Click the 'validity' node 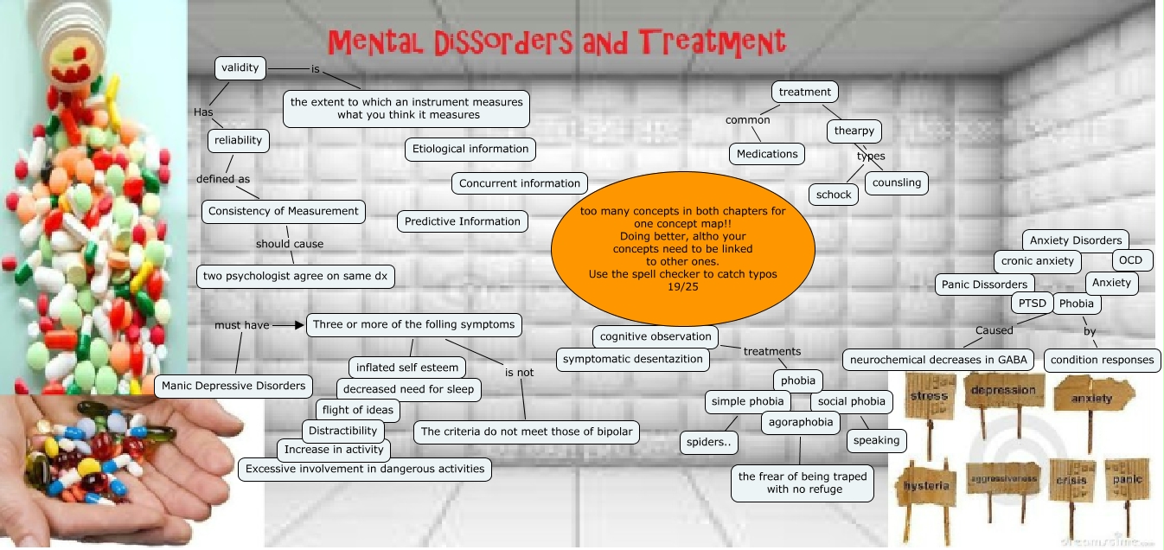(240, 67)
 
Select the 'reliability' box (239, 140)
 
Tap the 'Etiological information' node (470, 149)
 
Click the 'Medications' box (767, 154)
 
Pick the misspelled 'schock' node (834, 195)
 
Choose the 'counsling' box (897, 182)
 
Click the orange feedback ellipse (682, 248)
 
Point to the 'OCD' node (1130, 260)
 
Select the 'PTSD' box (1031, 303)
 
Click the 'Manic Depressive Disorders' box (233, 386)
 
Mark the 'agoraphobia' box (801, 422)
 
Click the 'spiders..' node (708, 443)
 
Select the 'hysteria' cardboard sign (926, 485)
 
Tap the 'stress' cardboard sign (930, 397)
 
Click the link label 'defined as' (223, 179)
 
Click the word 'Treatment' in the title (713, 42)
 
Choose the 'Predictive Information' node (463, 221)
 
